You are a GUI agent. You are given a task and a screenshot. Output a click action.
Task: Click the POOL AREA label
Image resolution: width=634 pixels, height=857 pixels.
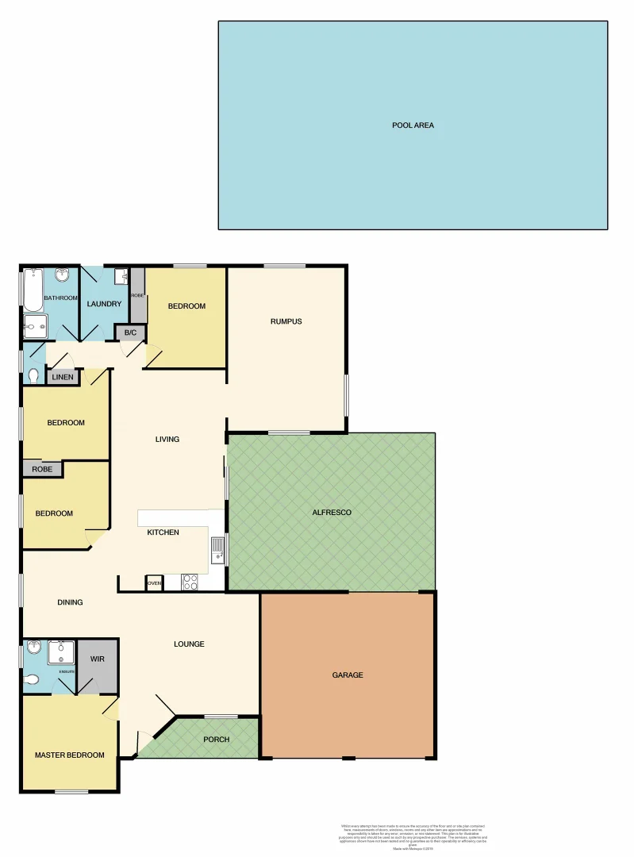click(413, 125)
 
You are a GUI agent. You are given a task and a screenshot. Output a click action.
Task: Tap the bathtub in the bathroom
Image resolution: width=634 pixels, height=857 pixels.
click(31, 290)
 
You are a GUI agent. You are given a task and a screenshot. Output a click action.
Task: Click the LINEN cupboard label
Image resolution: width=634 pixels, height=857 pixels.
click(63, 377)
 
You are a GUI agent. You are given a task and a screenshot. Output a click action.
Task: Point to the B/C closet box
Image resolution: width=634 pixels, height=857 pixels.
click(130, 333)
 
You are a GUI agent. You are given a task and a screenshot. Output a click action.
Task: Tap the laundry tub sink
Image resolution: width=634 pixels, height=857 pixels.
click(121, 278)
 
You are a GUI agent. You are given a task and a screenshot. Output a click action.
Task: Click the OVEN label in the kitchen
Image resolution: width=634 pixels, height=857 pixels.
click(154, 584)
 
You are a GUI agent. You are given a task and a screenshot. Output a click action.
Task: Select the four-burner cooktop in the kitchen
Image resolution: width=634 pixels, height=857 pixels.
click(190, 582)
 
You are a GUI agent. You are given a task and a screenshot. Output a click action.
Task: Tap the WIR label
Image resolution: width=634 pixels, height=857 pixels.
click(98, 659)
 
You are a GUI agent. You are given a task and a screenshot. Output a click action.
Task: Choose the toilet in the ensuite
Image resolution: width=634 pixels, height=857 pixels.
click(32, 679)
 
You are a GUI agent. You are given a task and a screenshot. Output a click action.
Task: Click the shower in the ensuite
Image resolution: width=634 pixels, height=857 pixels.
click(60, 652)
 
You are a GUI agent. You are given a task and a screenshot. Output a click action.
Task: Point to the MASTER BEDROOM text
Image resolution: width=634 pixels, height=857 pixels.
click(70, 755)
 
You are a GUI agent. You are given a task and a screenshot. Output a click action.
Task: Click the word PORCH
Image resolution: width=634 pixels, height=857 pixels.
click(216, 740)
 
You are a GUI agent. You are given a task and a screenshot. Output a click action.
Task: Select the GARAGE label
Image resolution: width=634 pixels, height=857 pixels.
click(348, 675)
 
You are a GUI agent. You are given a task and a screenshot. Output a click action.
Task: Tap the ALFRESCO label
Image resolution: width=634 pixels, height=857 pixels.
click(332, 513)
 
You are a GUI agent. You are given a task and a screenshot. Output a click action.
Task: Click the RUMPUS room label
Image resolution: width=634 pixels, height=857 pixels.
click(286, 321)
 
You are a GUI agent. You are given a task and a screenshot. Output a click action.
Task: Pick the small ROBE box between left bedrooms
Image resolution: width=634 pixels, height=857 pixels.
click(42, 469)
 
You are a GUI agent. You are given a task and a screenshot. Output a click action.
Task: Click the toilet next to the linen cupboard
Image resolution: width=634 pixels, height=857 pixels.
click(33, 374)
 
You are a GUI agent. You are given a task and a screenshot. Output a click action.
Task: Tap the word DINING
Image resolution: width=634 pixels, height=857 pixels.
click(70, 602)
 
